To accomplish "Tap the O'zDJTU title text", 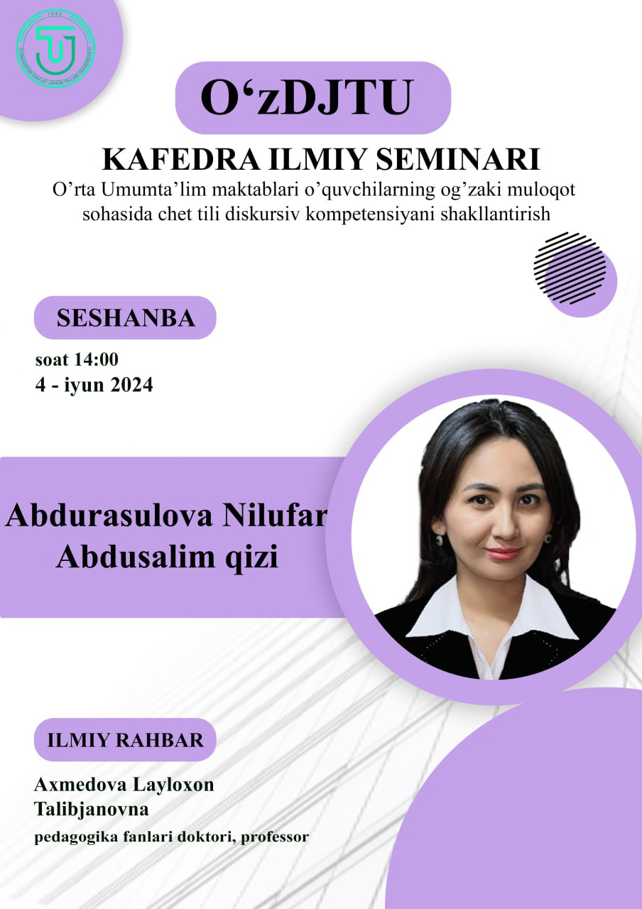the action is point(307,98).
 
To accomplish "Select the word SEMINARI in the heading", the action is point(458,160).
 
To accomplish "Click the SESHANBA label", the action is point(126,317).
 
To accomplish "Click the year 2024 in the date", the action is point(131,384).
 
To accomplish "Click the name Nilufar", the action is point(274,516).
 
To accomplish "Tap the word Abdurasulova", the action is point(109,516).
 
